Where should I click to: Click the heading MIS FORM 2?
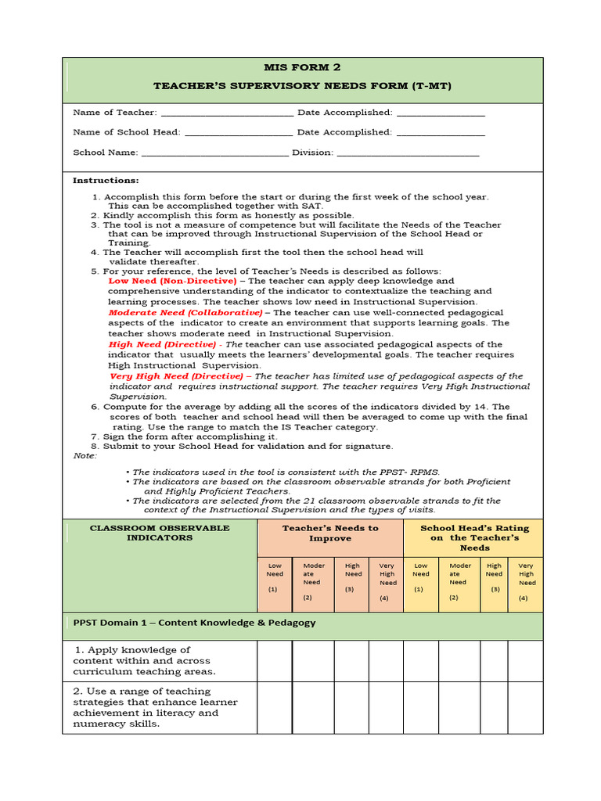(302, 67)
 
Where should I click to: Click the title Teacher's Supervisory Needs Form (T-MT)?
(302, 85)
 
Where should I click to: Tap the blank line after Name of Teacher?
(227, 113)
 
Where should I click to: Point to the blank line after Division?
(408, 153)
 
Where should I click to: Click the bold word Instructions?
(106, 181)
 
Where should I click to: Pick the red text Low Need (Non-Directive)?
(172, 281)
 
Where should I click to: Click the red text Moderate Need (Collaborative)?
(185, 312)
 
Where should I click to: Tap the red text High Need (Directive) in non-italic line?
(162, 344)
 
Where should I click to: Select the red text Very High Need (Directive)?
(176, 376)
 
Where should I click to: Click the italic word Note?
(85, 455)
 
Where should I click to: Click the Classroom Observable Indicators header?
(160, 533)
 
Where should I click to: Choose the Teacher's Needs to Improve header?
(330, 533)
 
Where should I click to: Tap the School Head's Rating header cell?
(473, 537)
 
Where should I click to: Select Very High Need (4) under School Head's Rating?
(525, 584)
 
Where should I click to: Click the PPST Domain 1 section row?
(302, 623)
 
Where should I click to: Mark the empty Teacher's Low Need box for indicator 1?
(275, 661)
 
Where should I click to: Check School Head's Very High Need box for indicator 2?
(525, 707)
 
